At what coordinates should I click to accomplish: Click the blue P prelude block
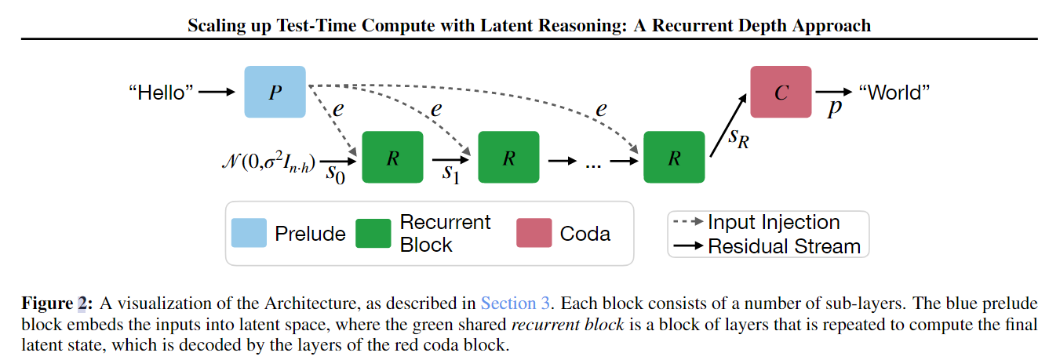[x=275, y=92]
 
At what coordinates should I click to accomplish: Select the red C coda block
[x=781, y=92]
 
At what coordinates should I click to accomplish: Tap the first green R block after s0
[x=392, y=157]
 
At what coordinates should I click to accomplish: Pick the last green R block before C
[x=674, y=157]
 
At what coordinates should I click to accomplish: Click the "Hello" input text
[x=161, y=93]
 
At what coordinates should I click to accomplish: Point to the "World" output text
[x=895, y=93]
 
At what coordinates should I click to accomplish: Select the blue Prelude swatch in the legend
[x=249, y=233]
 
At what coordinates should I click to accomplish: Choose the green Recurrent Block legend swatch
[x=373, y=233]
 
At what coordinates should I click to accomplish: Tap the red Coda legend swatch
[x=533, y=233]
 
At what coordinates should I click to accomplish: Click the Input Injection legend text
[x=773, y=222]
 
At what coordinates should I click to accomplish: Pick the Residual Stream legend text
[x=784, y=246]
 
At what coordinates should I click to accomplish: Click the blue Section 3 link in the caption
[x=515, y=304]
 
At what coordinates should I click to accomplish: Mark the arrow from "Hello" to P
[x=217, y=93]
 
